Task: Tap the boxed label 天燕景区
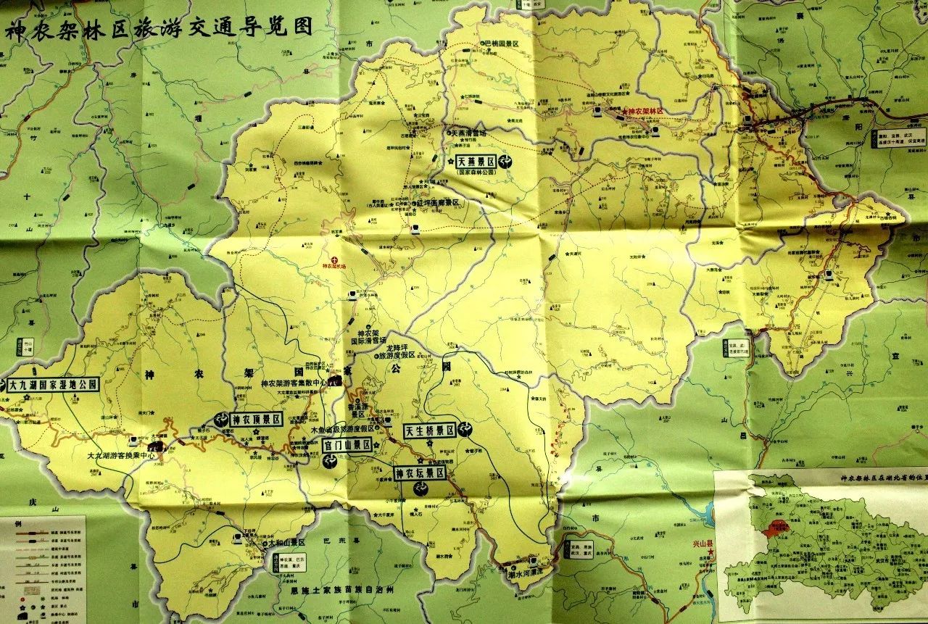coord(475,162)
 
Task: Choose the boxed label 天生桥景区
coord(429,430)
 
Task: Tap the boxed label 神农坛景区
coord(420,473)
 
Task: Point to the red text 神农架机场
coord(335,266)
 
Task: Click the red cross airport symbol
coord(334,259)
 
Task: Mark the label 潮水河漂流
coord(529,570)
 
